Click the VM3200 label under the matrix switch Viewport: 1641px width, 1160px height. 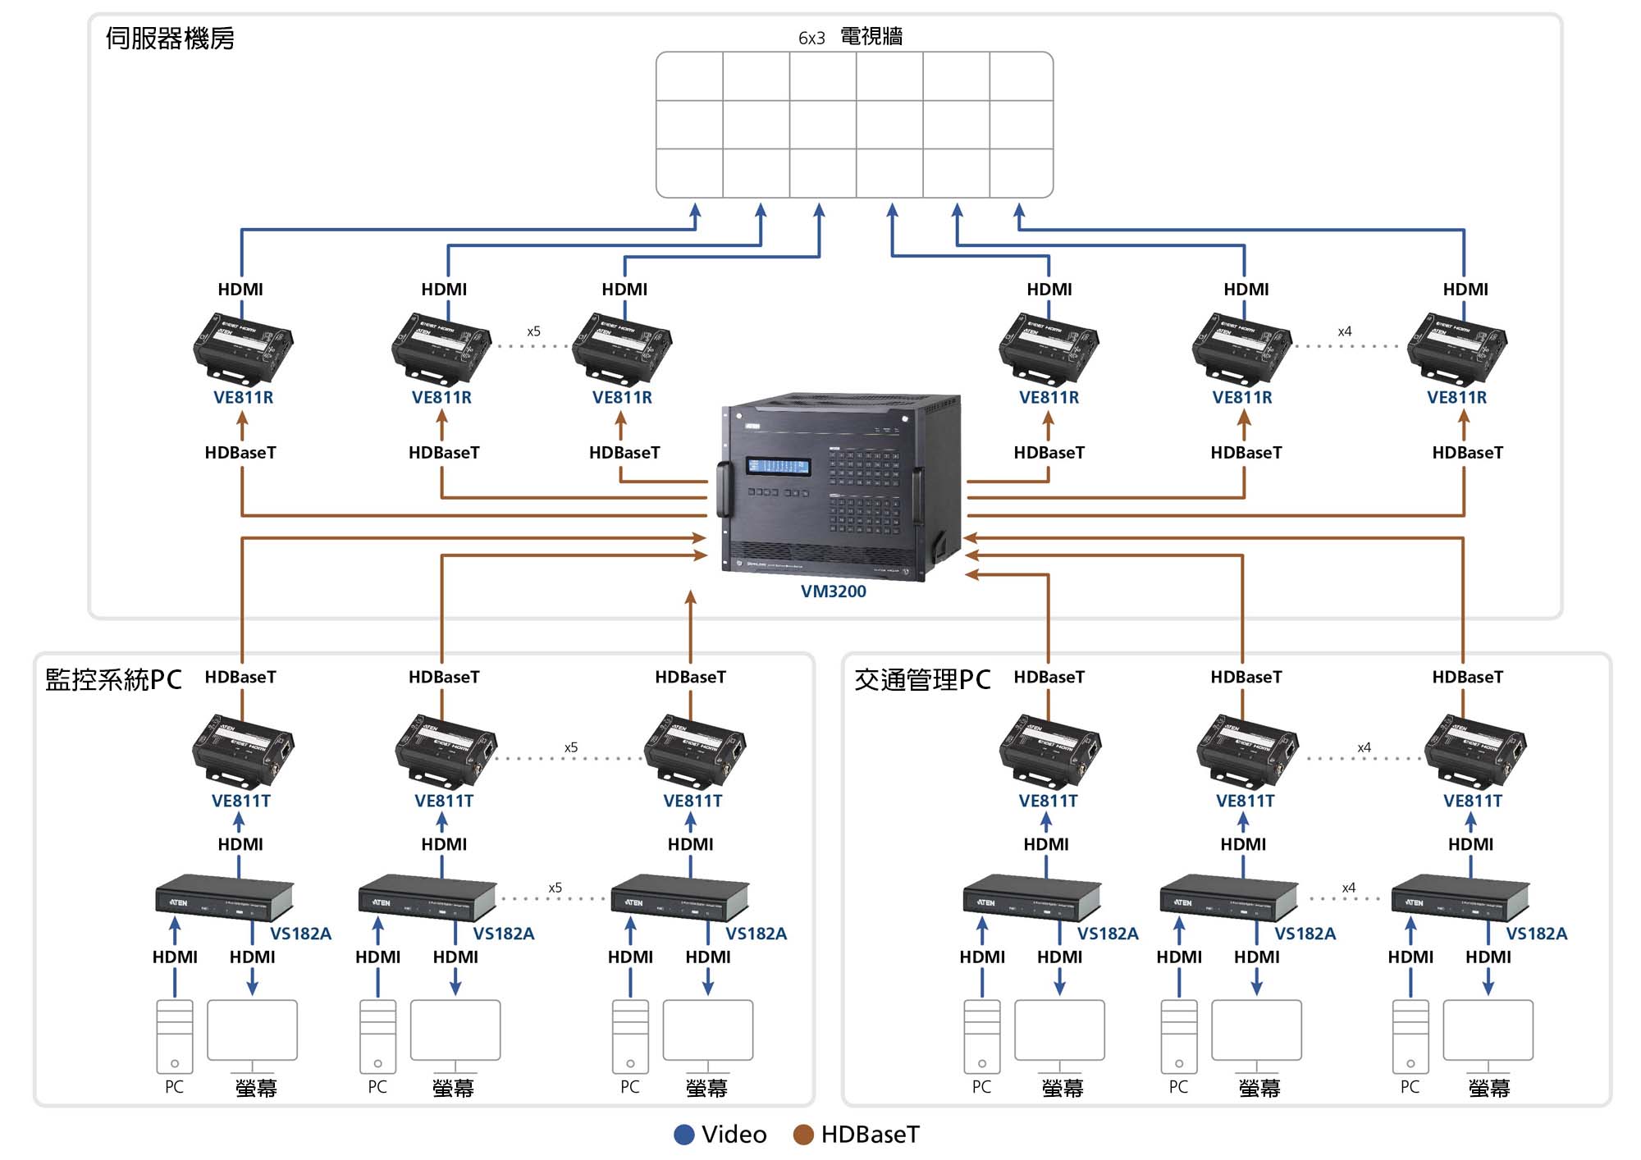click(833, 591)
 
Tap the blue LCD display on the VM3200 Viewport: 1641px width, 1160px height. click(777, 466)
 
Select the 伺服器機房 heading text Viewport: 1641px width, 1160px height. click(170, 39)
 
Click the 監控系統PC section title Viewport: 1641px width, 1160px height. click(113, 679)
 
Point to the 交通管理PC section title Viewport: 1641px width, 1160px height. click(922, 679)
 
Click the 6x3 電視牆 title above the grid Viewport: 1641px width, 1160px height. click(850, 37)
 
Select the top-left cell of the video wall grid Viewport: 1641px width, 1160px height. click(689, 76)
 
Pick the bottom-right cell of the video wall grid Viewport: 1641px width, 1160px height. click(1021, 173)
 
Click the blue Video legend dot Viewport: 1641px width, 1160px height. click(683, 1135)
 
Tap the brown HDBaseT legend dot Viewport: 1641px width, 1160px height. click(803, 1135)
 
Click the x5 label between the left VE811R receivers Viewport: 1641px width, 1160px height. click(533, 331)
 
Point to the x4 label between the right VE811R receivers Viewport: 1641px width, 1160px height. click(1344, 331)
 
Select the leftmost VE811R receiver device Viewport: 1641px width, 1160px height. click(243, 348)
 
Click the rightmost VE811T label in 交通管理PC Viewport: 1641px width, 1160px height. click(1473, 801)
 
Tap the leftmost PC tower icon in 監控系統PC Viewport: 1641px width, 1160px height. click(175, 1036)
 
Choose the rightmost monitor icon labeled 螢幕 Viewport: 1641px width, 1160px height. click(1488, 1031)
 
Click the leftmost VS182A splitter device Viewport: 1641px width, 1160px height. click(223, 897)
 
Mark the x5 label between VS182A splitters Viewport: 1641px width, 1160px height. click(555, 888)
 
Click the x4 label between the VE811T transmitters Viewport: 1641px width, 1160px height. click(1364, 747)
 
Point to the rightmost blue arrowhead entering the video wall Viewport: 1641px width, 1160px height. click(1019, 210)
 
